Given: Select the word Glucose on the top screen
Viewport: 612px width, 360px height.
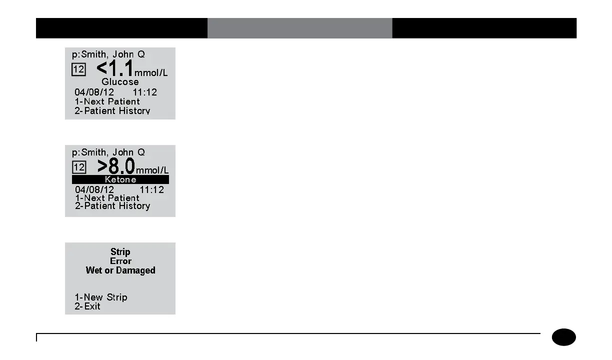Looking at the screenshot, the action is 120,82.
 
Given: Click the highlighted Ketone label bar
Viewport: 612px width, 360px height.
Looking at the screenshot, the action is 120,179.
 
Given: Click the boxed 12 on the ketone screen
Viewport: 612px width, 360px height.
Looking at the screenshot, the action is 79,166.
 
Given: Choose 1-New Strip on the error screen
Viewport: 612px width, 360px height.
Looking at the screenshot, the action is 101,297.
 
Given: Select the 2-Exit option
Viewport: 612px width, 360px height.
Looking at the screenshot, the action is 87,306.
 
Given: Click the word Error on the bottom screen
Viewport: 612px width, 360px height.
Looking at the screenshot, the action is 120,261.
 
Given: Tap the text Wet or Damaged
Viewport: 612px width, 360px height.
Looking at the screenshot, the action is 120,270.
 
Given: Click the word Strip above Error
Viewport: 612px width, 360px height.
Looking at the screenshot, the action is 120,252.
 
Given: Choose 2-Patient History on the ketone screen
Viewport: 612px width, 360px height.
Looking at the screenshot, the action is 112,206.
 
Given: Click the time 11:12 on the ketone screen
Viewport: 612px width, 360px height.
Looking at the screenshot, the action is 151,190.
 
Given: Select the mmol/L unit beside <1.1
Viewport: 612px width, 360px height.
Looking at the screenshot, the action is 151,73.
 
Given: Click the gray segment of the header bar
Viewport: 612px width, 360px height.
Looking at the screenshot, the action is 299,28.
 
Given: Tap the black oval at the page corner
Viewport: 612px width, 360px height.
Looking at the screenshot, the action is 564,337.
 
